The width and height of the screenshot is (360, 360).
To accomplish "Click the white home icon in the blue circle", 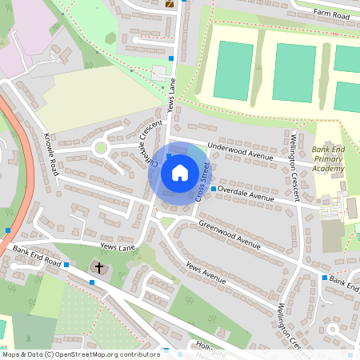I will point(180,172).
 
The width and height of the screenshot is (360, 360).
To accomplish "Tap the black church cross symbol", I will point(100,267).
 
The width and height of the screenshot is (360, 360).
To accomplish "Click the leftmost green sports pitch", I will point(232,70).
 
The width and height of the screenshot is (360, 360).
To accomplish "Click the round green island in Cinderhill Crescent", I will point(101,148).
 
